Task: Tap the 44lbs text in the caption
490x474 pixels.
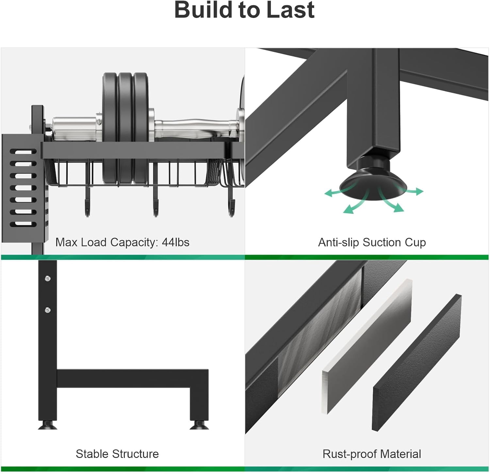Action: pos(175,242)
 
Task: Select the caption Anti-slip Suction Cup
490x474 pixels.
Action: pos(372,242)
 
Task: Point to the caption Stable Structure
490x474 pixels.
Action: pos(117,454)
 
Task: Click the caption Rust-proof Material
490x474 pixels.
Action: pos(372,454)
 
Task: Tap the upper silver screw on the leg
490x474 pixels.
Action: pos(48,278)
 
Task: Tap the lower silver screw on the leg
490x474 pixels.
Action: pos(48,310)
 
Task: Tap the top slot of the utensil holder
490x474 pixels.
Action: pos(23,152)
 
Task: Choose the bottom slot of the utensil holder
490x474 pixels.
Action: pos(23,224)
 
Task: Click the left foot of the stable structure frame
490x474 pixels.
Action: pos(48,425)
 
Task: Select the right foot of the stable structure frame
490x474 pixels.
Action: pos(199,425)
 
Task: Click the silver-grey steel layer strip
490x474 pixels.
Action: pos(367,346)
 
